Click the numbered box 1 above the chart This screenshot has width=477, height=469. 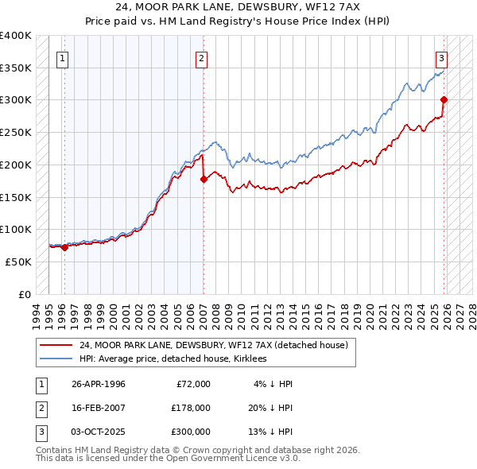pyautogui.click(x=62, y=57)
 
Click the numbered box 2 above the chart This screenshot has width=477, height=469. pyautogui.click(x=202, y=57)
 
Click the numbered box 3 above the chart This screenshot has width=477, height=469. pyautogui.click(x=441, y=57)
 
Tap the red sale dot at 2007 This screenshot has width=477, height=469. pyautogui.click(x=204, y=179)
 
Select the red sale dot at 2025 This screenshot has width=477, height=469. pyautogui.click(x=444, y=99)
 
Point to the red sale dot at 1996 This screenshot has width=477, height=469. pyautogui.click(x=64, y=247)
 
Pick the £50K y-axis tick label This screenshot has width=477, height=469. pyautogui.click(x=19, y=262)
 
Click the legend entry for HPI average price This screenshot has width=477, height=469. pyautogui.click(x=173, y=359)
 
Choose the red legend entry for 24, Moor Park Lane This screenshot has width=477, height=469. pyautogui.click(x=214, y=346)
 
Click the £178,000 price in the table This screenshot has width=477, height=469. pyautogui.click(x=191, y=408)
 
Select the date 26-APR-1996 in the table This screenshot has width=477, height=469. pyautogui.click(x=99, y=384)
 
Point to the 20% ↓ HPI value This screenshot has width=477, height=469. pyautogui.click(x=270, y=408)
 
